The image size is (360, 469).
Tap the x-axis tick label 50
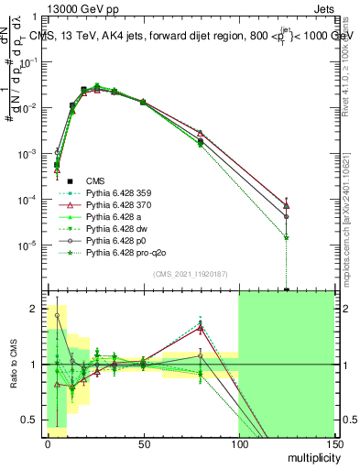(x=143, y=443)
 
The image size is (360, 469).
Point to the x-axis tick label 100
(x=238, y=443)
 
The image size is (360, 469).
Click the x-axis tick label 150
(x=333, y=443)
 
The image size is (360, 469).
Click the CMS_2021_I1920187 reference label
(x=189, y=274)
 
